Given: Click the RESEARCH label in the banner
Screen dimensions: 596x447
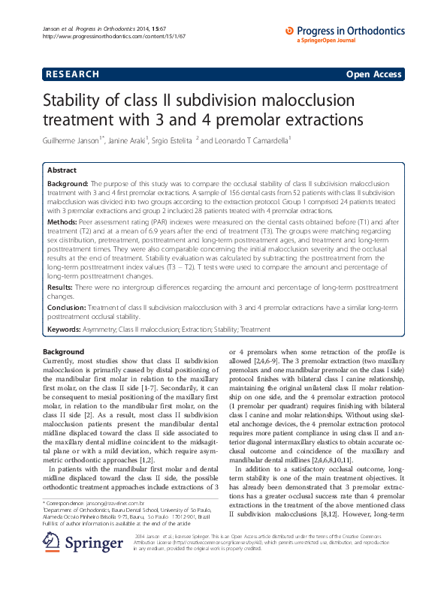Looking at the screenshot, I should (x=72, y=74).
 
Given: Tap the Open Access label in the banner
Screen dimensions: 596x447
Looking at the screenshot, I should (x=374, y=74).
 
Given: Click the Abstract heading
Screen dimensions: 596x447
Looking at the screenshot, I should (x=62, y=170).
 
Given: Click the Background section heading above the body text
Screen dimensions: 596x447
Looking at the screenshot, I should (x=64, y=352).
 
